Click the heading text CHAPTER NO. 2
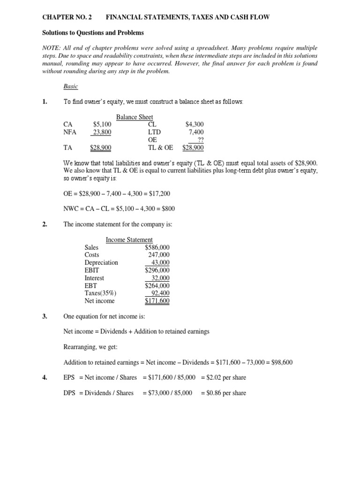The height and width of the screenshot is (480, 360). pyautogui.click(x=67, y=17)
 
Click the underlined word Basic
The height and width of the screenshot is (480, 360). pyautogui.click(x=71, y=87)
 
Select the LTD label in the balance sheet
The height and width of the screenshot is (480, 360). pyautogui.click(x=154, y=132)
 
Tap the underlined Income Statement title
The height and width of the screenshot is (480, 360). pyautogui.click(x=129, y=240)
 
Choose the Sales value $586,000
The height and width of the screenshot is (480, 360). pyautogui.click(x=157, y=247)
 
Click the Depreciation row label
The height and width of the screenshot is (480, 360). pyautogui.click(x=101, y=262)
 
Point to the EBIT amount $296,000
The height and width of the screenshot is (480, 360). pyautogui.click(x=157, y=270)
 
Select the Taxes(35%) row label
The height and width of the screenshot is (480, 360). pyautogui.click(x=100, y=293)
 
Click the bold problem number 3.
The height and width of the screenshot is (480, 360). pyautogui.click(x=44, y=316)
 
